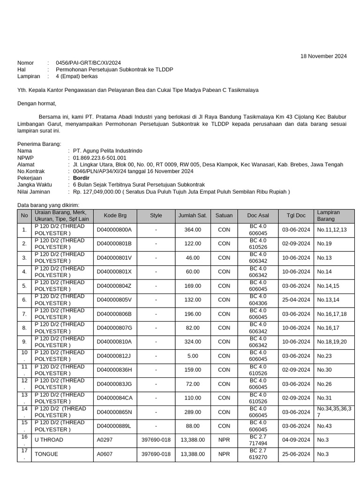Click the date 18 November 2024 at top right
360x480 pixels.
pyautogui.click(x=323, y=56)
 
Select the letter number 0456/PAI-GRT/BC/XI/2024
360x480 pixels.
pyautogui.click(x=88, y=63)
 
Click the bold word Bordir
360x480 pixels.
pyautogui.click(x=81, y=178)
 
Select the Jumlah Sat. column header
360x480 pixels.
pyautogui.click(x=192, y=216)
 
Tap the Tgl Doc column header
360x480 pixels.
pyautogui.click(x=296, y=216)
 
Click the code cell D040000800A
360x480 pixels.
pyautogui.click(x=114, y=230)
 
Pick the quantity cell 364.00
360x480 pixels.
pyautogui.click(x=193, y=230)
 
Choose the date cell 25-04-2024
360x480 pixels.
pyautogui.click(x=296, y=300)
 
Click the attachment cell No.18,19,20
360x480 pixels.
pyautogui.click(x=332, y=342)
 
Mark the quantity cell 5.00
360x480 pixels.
pyautogui.click(x=193, y=356)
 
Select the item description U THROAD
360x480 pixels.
pyautogui.click(x=49, y=440)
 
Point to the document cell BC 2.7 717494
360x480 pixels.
pyautogui.click(x=258, y=440)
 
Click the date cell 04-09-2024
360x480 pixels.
pyautogui.click(x=296, y=440)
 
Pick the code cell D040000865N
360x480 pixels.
pyautogui.click(x=114, y=412)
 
